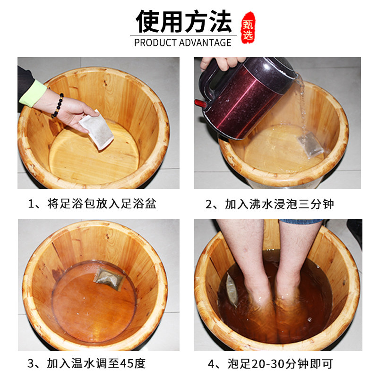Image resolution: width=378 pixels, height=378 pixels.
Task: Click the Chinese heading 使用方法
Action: (184, 21)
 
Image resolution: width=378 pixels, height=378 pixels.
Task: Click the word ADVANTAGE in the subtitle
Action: (205, 43)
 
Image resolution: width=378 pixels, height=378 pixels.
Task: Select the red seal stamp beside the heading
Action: (248, 28)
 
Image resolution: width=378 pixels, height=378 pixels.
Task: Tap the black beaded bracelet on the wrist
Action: (58, 105)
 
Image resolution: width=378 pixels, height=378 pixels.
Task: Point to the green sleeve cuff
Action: (33, 93)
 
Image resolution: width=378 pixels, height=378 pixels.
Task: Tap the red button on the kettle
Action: (200, 103)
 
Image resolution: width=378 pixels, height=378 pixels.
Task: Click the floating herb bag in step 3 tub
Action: (109, 279)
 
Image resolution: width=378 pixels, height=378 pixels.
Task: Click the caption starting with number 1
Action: (92, 204)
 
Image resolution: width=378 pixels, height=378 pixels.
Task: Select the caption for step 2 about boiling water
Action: (269, 204)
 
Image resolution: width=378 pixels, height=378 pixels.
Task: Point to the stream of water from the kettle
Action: (301, 103)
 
